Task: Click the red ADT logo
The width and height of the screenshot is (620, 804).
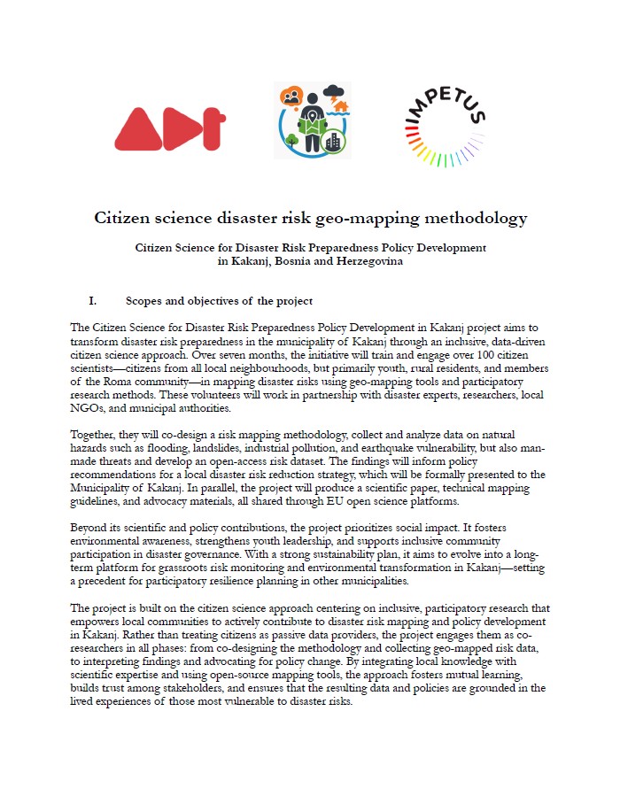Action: point(167,128)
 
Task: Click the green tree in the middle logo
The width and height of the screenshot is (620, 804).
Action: point(291,140)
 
